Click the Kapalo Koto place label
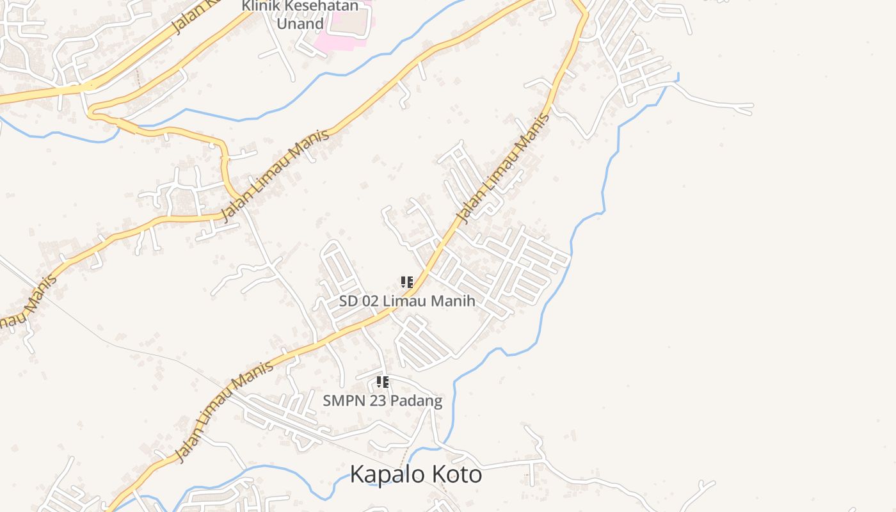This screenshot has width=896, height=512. click(415, 475)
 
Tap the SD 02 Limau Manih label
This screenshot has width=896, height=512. click(407, 301)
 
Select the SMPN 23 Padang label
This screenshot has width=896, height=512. click(382, 401)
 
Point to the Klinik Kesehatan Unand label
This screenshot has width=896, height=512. click(300, 15)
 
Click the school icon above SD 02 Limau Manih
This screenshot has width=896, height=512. click(407, 282)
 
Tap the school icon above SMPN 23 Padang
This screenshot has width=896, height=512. click(383, 382)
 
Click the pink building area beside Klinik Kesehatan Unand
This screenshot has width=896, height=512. click(346, 29)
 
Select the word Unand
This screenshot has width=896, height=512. click(300, 24)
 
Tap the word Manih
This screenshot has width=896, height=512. click(454, 301)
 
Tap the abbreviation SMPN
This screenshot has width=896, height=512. click(343, 401)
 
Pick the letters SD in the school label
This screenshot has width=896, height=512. click(349, 301)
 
